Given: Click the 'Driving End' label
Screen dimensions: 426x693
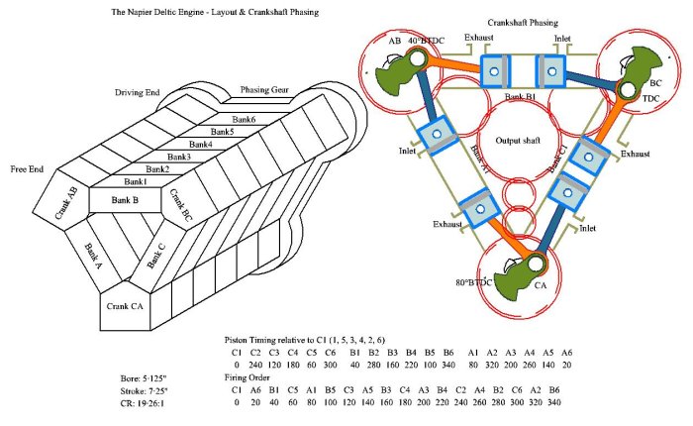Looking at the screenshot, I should pyautogui.click(x=139, y=92).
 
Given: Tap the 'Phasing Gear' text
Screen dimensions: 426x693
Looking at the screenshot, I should pyautogui.click(x=263, y=89).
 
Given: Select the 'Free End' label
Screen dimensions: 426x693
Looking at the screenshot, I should pyautogui.click(x=27, y=169).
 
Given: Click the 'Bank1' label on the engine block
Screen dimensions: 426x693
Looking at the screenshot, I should pyautogui.click(x=135, y=181).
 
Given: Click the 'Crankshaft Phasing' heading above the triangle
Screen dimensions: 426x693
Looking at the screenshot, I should pyautogui.click(x=523, y=22).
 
